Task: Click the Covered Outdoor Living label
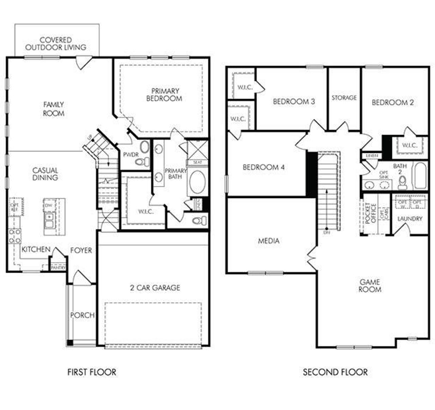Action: click(x=56, y=44)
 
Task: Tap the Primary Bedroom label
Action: click(x=165, y=95)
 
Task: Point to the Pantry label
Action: click(x=58, y=268)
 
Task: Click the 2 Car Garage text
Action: click(x=155, y=288)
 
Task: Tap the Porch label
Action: click(x=82, y=315)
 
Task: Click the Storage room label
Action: click(x=344, y=98)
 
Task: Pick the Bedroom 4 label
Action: click(x=263, y=167)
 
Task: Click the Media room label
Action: click(x=268, y=241)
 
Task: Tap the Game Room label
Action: click(x=370, y=286)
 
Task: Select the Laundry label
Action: click(x=410, y=219)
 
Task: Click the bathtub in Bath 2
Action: click(x=420, y=176)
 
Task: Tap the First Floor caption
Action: click(x=92, y=372)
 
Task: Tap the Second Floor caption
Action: click(x=335, y=372)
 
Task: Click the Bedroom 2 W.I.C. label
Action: click(x=410, y=145)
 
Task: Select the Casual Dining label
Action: click(x=45, y=174)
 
